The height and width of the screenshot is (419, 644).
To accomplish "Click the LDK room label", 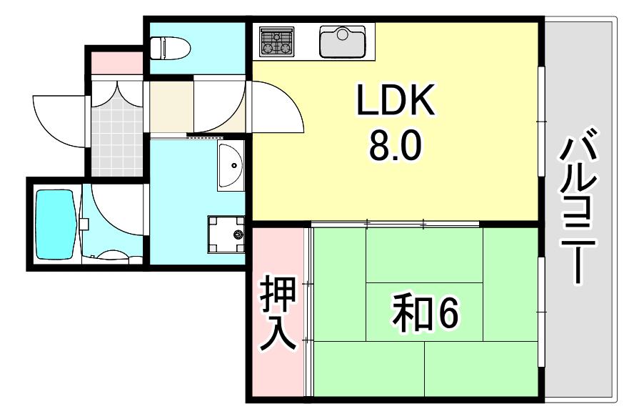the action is pyautogui.click(x=396, y=100).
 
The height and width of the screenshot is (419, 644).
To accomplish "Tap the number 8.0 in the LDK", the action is pyautogui.click(x=395, y=147).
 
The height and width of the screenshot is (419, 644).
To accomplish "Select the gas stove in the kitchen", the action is pyautogui.click(x=277, y=41).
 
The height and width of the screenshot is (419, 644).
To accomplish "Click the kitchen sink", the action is pyautogui.click(x=342, y=41).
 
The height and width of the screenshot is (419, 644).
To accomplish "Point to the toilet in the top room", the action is pyautogui.click(x=170, y=48).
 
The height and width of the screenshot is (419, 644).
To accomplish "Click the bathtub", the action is pyautogui.click(x=55, y=224).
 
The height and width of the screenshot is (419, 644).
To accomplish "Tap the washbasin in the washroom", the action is pyautogui.click(x=230, y=165).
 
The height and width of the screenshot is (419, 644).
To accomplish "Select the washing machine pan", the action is pyautogui.click(x=226, y=234).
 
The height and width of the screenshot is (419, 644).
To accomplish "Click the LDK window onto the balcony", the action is pyautogui.click(x=542, y=122).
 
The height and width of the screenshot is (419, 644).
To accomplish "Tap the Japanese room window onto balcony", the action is pyautogui.click(x=542, y=312).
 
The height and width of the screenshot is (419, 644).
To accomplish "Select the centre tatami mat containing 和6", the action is pyautogui.click(x=424, y=312).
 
